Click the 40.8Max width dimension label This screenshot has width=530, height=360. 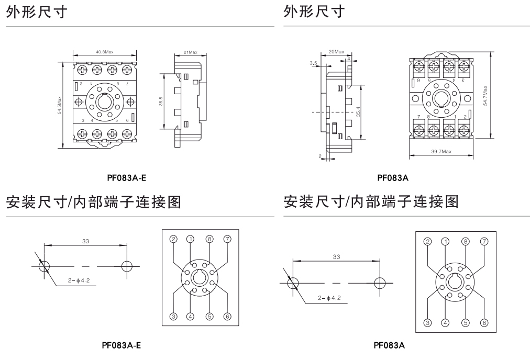105,52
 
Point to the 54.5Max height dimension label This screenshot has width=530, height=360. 60,104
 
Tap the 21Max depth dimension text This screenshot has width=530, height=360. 190,52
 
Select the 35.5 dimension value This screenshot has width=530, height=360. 161,100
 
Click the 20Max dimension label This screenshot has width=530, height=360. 336,52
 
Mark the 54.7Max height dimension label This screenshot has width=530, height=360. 487,95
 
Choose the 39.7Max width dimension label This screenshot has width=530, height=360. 441,151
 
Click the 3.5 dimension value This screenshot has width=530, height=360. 313,63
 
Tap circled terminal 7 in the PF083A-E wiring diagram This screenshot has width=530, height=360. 227,239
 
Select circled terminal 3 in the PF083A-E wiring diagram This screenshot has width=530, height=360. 173,316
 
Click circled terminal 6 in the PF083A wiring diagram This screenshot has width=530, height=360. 484,322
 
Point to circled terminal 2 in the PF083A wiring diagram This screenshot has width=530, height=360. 427,241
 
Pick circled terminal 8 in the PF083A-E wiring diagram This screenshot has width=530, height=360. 209,239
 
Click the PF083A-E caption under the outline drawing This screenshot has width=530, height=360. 127,178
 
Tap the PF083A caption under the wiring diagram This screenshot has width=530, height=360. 389,345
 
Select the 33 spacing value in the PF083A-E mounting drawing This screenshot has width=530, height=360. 85,241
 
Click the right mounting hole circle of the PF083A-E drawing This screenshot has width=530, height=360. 127,266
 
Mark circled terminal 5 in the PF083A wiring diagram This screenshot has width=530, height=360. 465,322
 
